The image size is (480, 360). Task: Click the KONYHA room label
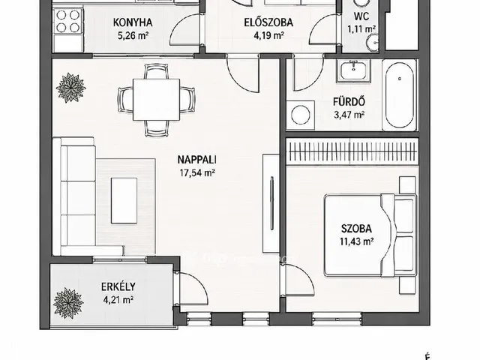[133, 22]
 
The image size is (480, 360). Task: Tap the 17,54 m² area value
[197, 172]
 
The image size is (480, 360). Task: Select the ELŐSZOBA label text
[268, 22]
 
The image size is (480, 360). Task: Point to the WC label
[361, 16]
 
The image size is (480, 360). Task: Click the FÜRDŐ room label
[349, 102]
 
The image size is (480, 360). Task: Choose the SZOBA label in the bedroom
[356, 229]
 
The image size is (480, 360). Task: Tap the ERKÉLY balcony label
[118, 286]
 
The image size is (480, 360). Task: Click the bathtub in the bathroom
[400, 95]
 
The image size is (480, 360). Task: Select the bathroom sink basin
[353, 70]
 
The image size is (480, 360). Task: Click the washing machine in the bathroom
[300, 115]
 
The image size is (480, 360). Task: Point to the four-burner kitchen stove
[68, 21]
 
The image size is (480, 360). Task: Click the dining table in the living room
[156, 100]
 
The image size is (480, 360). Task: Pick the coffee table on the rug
[124, 200]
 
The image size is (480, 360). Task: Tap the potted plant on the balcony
[68, 303]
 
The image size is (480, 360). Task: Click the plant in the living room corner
[71, 88]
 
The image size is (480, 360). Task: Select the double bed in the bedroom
[370, 235]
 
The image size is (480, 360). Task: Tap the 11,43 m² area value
[356, 241]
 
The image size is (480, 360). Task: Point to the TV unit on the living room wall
[271, 203]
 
